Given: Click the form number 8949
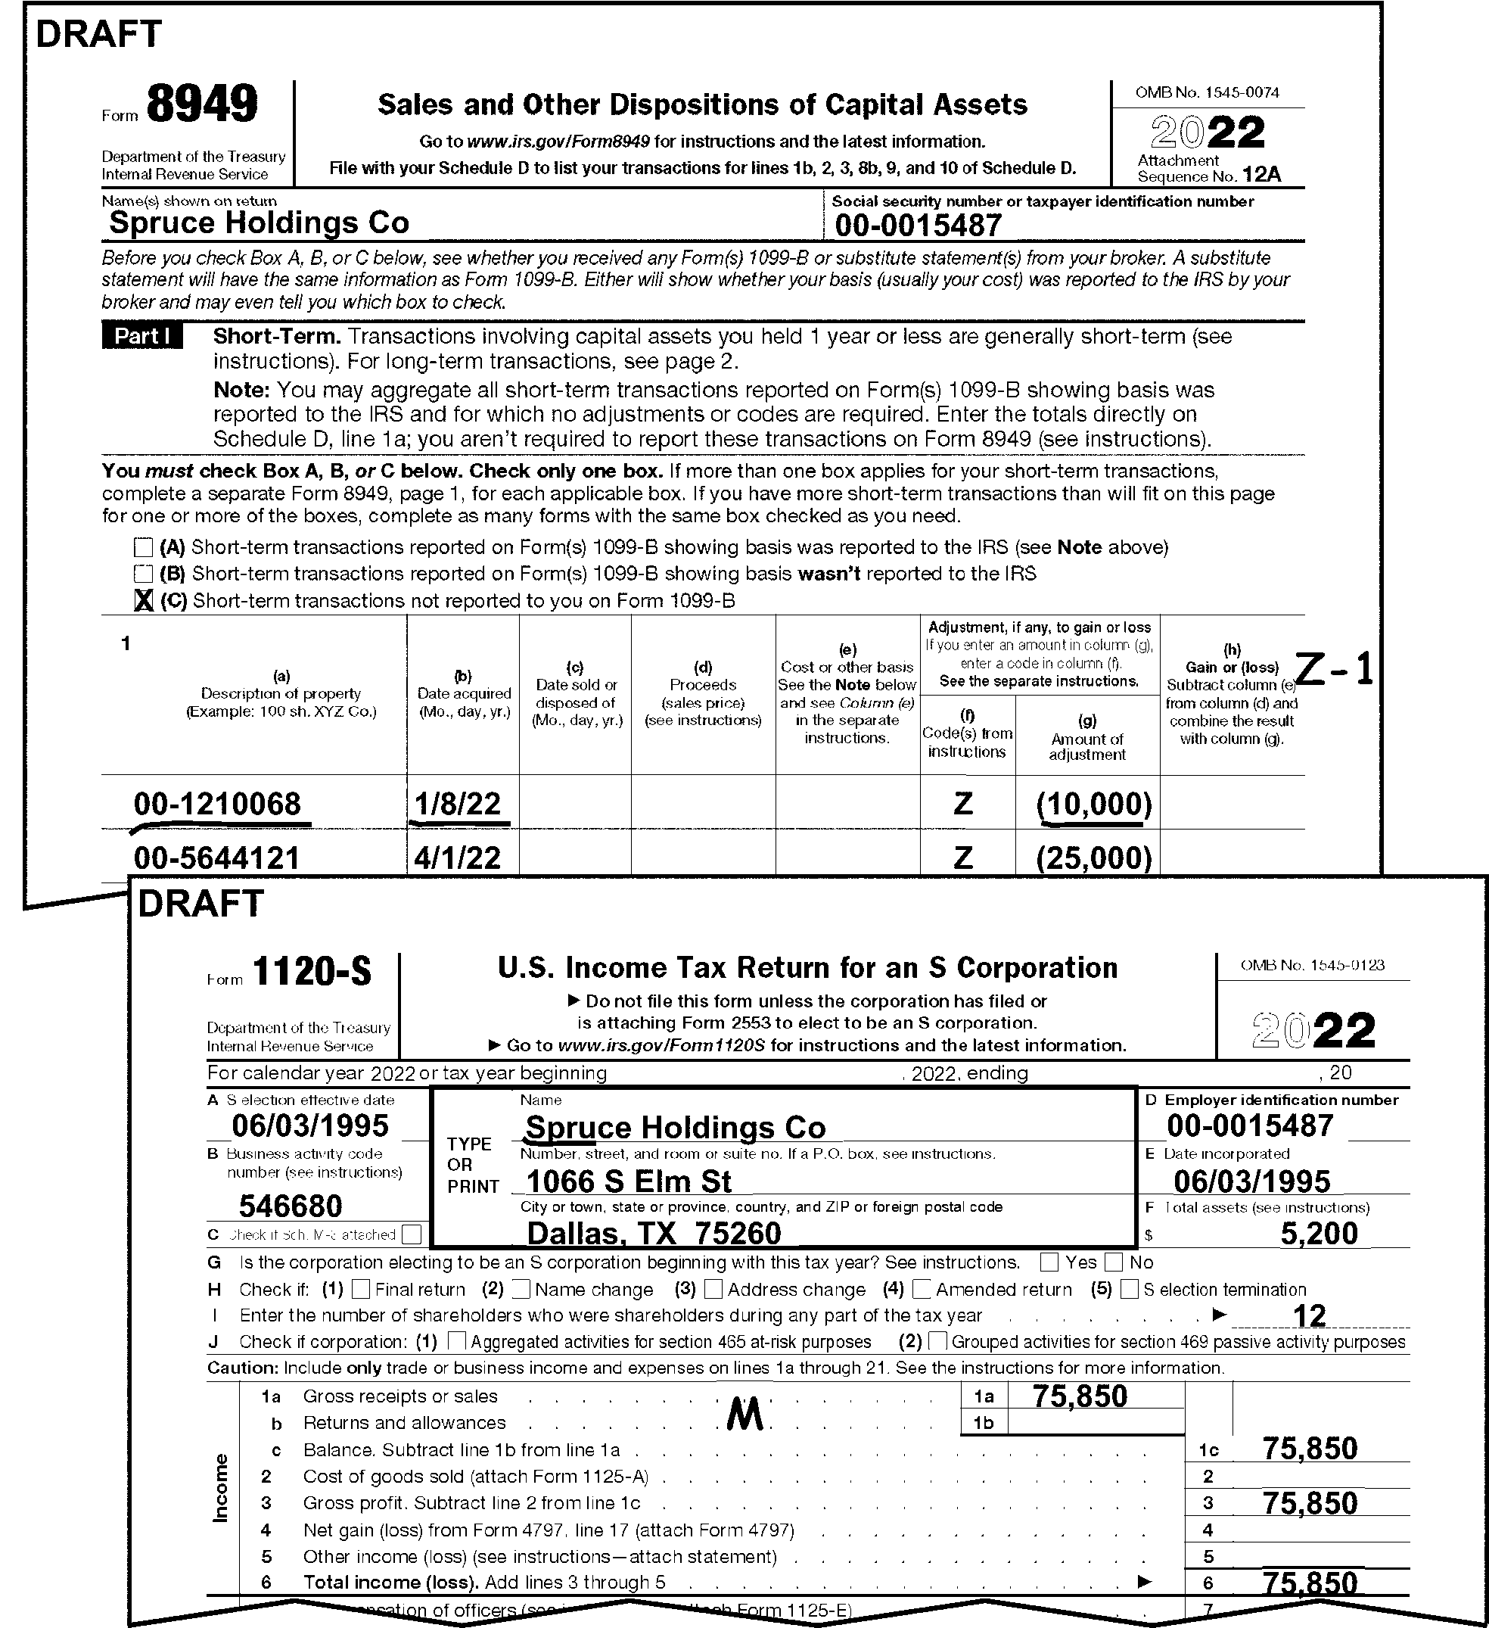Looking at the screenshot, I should point(202,105).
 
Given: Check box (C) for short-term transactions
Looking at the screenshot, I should point(144,600).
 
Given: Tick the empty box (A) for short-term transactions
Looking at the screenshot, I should point(143,547).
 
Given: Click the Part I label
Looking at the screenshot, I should point(142,336).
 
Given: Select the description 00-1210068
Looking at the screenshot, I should point(217,805).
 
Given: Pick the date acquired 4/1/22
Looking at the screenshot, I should point(457,858).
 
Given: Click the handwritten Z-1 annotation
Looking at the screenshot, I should point(1334,670).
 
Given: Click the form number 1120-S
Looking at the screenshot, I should point(312,973).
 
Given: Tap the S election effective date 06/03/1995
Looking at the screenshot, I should point(310,1125).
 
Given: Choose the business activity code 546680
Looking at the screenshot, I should point(291,1206).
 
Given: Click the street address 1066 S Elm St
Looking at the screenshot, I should point(628,1182).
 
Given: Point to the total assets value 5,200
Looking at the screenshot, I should point(1320,1234).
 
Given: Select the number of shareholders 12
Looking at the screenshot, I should point(1310,1315).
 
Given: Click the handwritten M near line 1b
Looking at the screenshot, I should point(744,1415).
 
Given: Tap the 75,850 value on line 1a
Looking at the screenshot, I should point(1080,1396).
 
